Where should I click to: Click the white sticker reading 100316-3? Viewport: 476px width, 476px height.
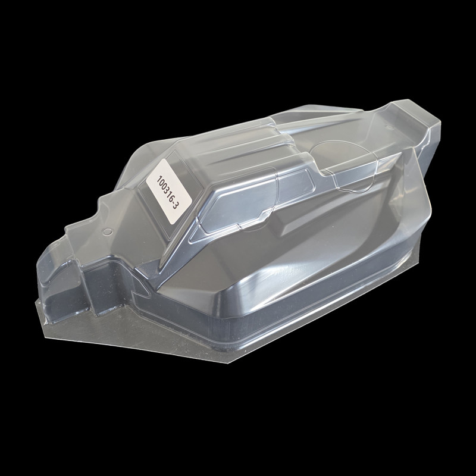[169, 191]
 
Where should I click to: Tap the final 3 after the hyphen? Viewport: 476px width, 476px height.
[175, 205]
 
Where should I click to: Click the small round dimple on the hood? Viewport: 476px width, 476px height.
[107, 232]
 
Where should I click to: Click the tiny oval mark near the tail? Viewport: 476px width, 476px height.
[390, 128]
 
